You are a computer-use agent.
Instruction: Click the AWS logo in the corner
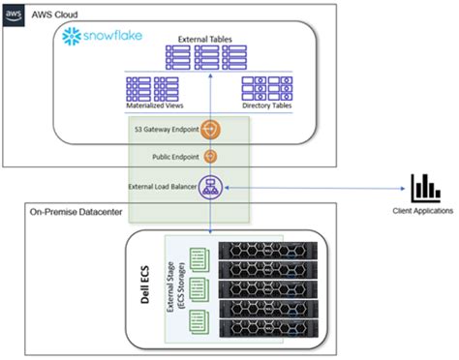click(13, 13)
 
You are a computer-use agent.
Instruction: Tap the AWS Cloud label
click(51, 14)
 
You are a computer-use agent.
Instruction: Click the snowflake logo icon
click(71, 38)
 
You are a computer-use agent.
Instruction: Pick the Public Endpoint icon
click(212, 157)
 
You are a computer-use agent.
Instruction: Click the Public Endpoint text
click(174, 156)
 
